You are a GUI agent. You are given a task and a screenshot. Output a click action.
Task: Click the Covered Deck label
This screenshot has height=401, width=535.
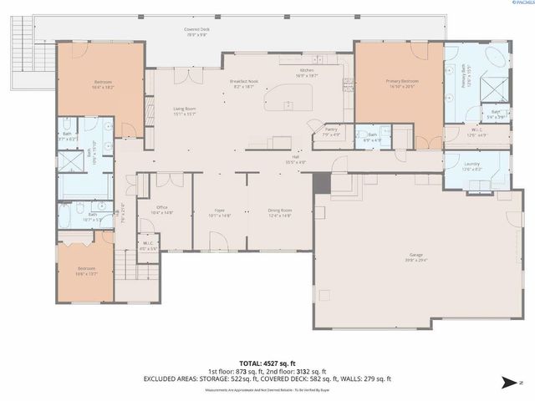tap(197, 31)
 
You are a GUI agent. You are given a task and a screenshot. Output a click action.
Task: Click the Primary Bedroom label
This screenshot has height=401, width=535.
tap(401, 83)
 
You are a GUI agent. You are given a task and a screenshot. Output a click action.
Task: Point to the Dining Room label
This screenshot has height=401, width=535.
tap(280, 212)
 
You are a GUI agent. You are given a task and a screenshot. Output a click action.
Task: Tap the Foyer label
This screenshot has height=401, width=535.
tap(219, 212)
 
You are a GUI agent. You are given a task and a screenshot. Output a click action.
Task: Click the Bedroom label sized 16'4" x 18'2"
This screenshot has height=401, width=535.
tap(103, 83)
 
